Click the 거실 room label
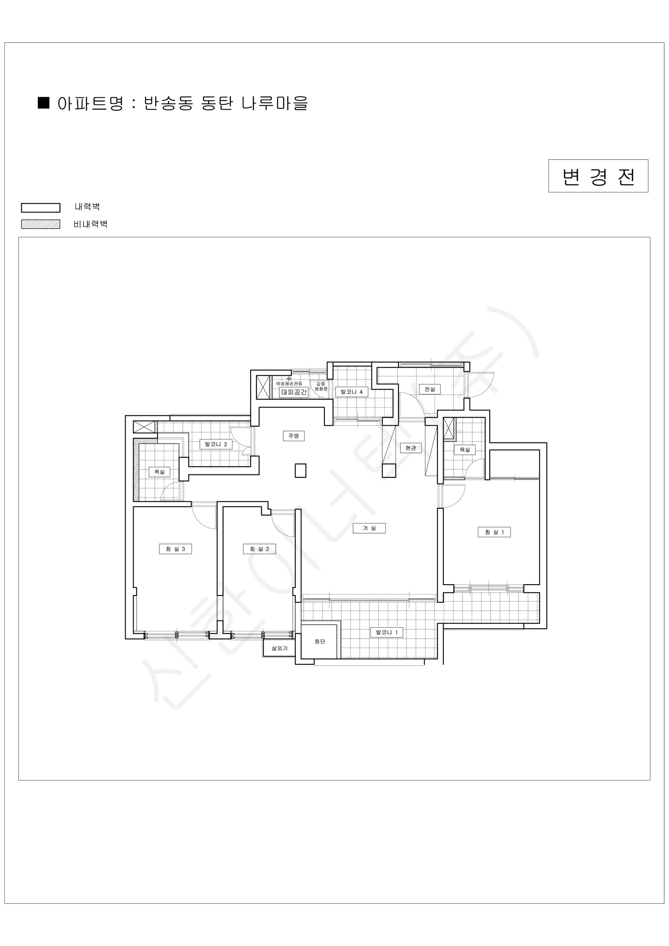(369, 528)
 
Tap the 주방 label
(294, 436)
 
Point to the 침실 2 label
(260, 549)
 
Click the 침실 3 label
(175, 549)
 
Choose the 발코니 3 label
(216, 444)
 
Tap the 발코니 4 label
(351, 392)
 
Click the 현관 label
(411, 448)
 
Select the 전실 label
(430, 389)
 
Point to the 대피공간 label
(294, 392)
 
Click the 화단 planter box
(319, 642)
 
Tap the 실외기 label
(280, 648)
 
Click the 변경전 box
(598, 176)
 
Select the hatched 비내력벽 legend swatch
(41, 224)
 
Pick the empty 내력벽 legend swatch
(41, 208)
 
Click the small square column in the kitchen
(301, 471)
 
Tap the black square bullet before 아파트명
(44, 103)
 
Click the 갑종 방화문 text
(321, 386)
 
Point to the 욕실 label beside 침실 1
(465, 450)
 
